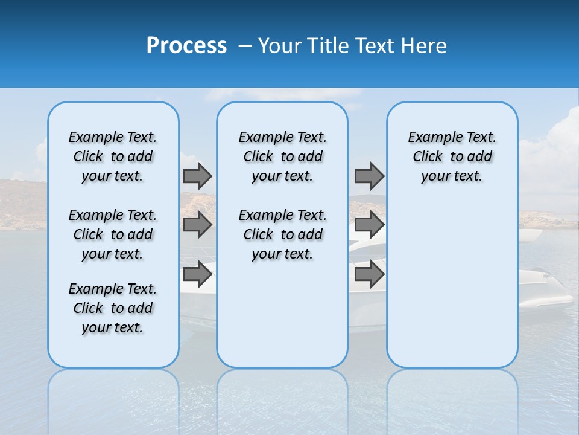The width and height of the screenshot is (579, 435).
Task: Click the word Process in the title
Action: point(186,46)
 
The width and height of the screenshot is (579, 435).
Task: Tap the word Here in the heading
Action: point(422,46)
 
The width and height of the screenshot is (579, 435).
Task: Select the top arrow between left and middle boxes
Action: point(197,176)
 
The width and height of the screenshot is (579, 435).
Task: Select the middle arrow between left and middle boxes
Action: point(197,225)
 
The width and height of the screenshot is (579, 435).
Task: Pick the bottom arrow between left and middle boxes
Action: point(197,274)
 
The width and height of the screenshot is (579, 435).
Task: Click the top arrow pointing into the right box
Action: point(369,176)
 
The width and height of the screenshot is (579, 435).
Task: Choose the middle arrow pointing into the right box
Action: point(369,225)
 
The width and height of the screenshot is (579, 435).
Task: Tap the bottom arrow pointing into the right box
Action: point(369,274)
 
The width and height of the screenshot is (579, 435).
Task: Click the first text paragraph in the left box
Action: point(113,156)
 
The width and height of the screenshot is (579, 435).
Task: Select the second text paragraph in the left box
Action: point(113,234)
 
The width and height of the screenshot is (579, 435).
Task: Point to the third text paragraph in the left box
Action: point(113,308)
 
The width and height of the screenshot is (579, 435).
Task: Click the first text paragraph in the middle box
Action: point(282,156)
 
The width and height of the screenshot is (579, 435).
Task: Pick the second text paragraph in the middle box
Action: point(282,234)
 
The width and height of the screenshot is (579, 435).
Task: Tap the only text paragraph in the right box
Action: point(452,156)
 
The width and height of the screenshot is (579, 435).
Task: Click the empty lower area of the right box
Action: point(452,290)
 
